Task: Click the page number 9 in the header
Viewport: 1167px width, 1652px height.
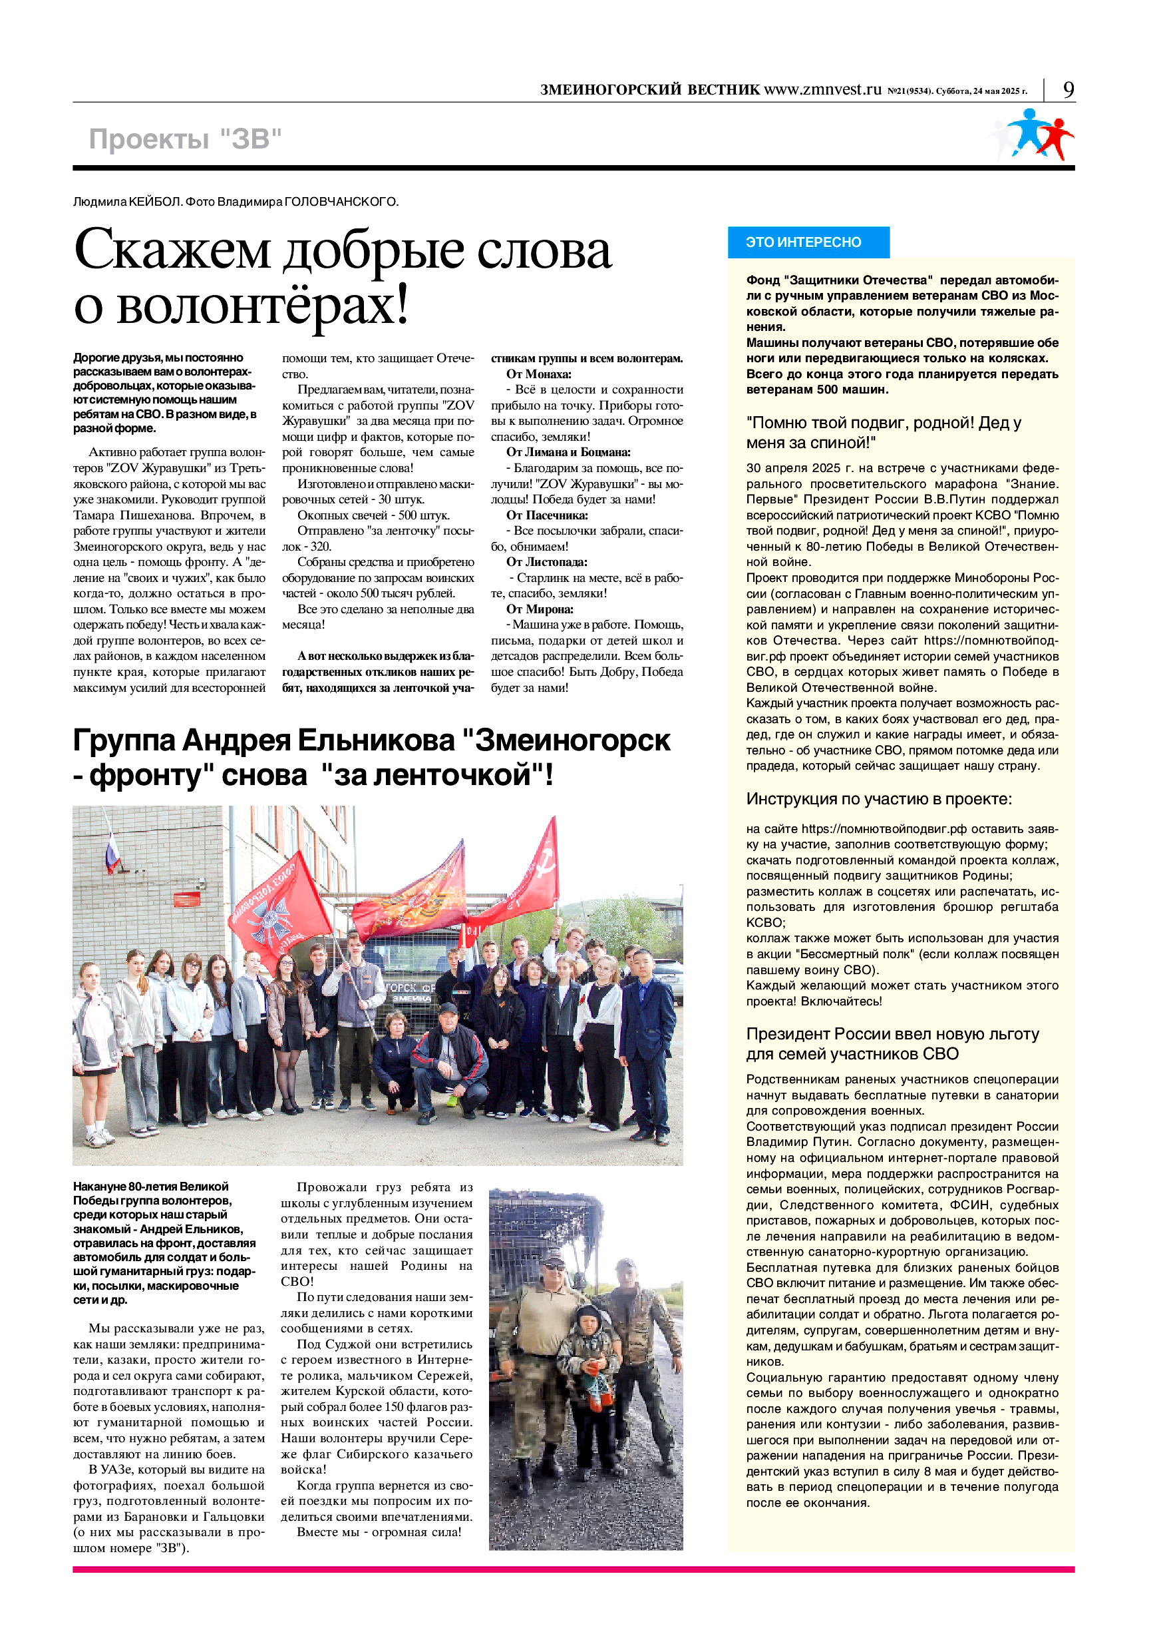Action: (x=1069, y=90)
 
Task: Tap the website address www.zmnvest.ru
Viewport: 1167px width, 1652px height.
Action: (x=822, y=90)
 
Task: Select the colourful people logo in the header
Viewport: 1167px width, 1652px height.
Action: (x=1033, y=135)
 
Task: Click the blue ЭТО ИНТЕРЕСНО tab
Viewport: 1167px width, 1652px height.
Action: (x=808, y=242)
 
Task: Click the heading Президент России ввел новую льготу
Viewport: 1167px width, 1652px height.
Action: (x=892, y=1034)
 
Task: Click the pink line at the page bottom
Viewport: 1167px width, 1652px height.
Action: (x=573, y=1569)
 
